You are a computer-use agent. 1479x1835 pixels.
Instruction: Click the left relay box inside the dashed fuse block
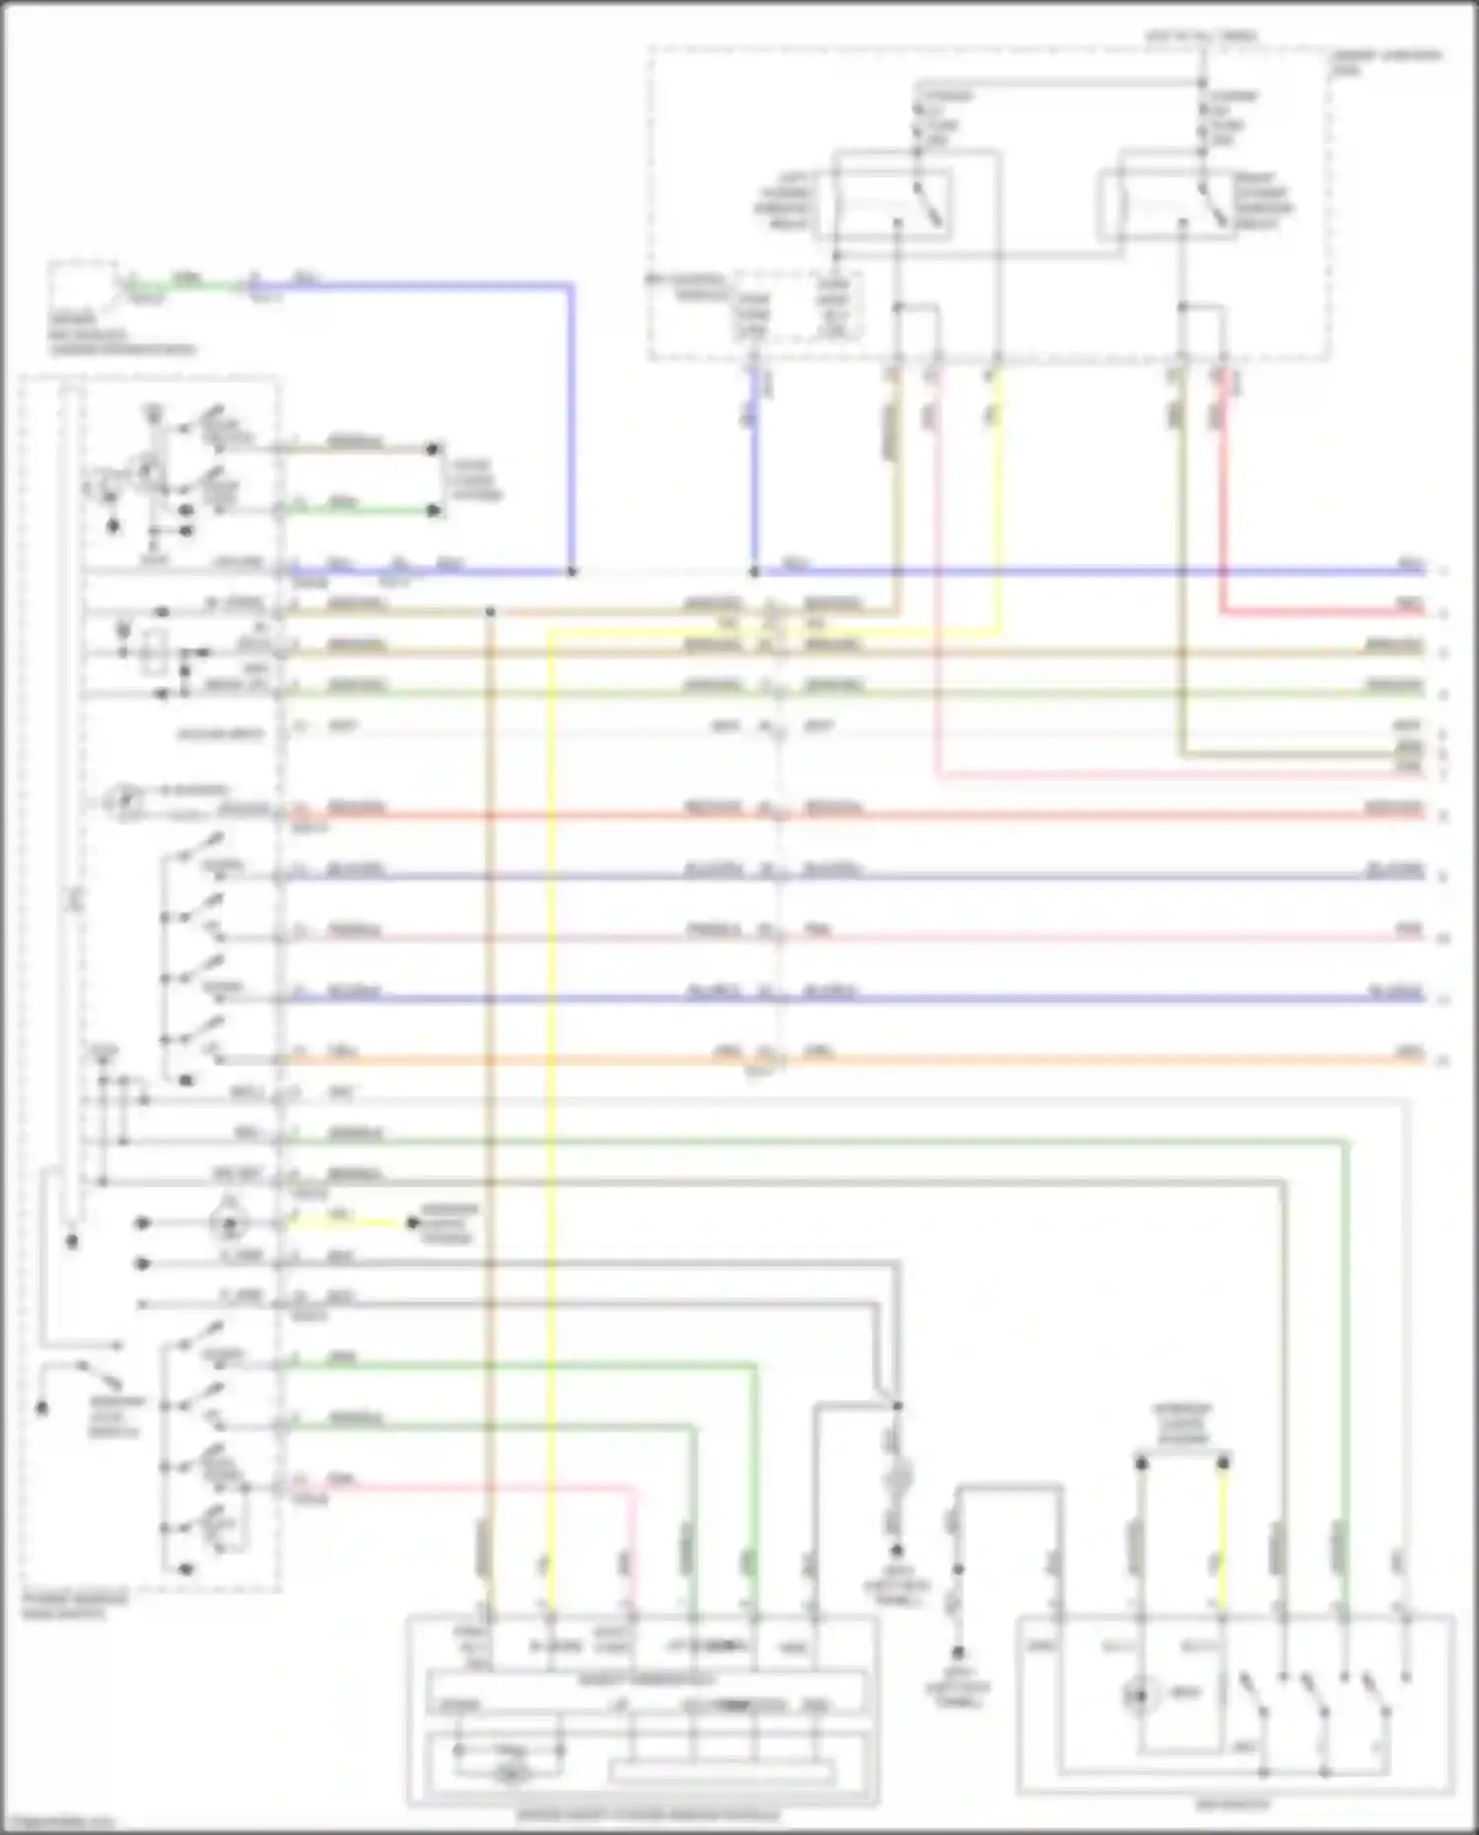(x=893, y=203)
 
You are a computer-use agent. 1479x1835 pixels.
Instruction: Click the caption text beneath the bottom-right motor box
(x=1232, y=1805)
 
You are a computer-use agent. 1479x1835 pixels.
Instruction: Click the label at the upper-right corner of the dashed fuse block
(x=1385, y=62)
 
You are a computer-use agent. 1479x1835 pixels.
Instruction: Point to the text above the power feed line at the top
(x=1200, y=36)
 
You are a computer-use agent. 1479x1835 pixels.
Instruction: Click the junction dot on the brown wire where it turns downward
(x=490, y=612)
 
